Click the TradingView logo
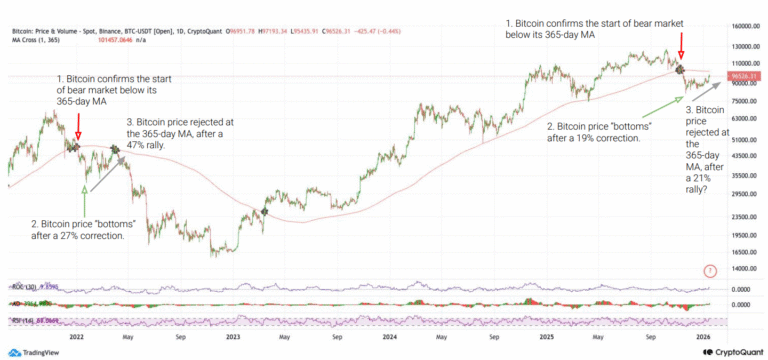[34, 352]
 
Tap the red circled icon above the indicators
[710, 270]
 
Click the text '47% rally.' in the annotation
[147, 145]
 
